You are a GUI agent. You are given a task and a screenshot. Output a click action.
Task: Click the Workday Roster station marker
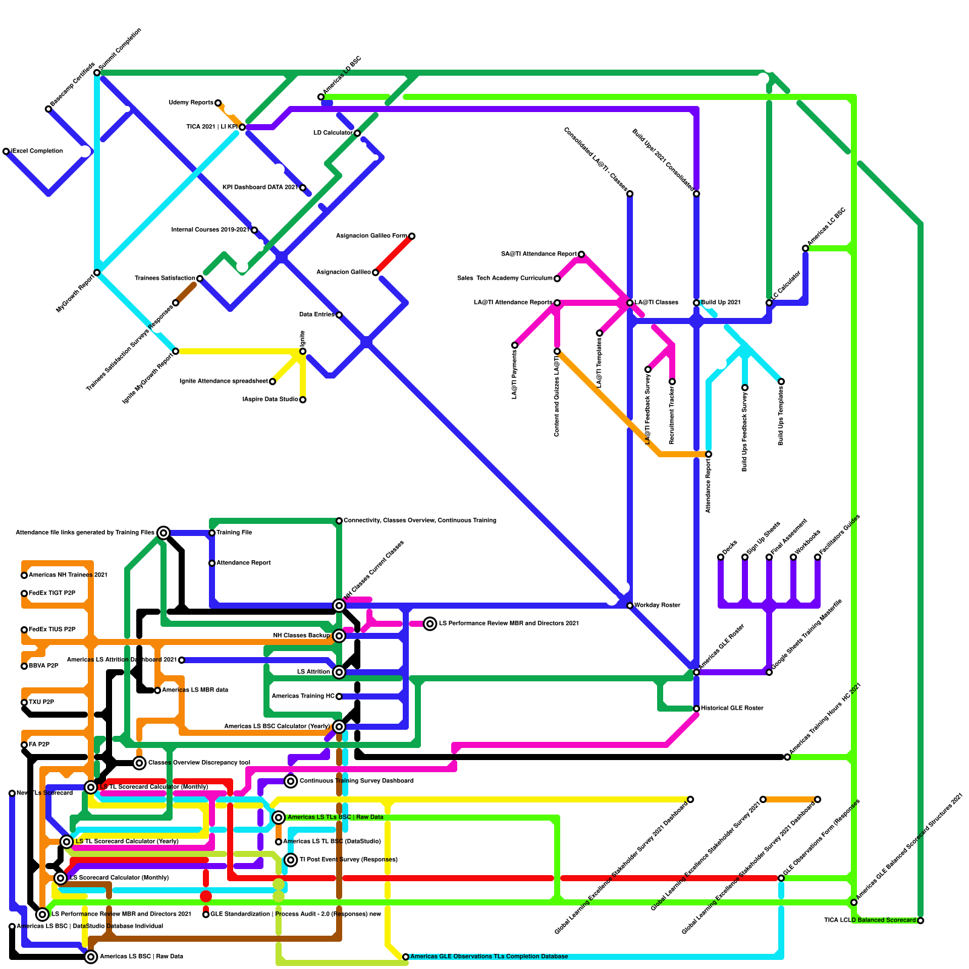[x=630, y=606]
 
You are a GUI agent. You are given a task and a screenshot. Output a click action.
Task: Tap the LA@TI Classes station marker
[x=630, y=303]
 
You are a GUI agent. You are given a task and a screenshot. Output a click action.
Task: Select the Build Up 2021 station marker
[x=696, y=303]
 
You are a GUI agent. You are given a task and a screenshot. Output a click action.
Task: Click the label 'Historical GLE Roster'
[x=733, y=709]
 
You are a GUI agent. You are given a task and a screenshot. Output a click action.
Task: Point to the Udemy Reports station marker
[x=218, y=103]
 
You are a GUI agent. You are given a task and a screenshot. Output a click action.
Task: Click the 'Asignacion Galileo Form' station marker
[x=412, y=236]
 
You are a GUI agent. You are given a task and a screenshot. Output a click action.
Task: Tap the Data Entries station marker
[x=339, y=315]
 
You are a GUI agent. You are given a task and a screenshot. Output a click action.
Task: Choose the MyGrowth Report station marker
[x=97, y=273]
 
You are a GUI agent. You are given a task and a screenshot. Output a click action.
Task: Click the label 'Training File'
[x=234, y=533]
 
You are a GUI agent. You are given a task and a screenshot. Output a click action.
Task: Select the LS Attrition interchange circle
[x=339, y=672]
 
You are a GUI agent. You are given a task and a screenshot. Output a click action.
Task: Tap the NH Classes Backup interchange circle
[x=339, y=636]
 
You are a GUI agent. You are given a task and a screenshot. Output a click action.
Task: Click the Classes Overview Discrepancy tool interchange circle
[x=139, y=763]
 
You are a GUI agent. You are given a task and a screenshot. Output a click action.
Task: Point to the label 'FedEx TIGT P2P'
[x=52, y=594]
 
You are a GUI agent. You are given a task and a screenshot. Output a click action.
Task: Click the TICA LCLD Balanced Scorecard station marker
[x=921, y=921]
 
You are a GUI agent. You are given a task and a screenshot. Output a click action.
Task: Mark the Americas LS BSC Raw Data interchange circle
[x=91, y=957]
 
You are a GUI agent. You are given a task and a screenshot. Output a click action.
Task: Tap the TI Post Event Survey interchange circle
[x=291, y=860]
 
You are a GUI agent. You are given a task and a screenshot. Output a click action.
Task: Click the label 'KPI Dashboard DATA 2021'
[x=260, y=188]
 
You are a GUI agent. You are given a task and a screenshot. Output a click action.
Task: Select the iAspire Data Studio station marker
[x=303, y=400]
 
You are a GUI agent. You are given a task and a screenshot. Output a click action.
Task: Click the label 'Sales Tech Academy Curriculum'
[x=504, y=279]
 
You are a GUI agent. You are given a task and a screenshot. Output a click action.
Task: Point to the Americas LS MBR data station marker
[x=157, y=690]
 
